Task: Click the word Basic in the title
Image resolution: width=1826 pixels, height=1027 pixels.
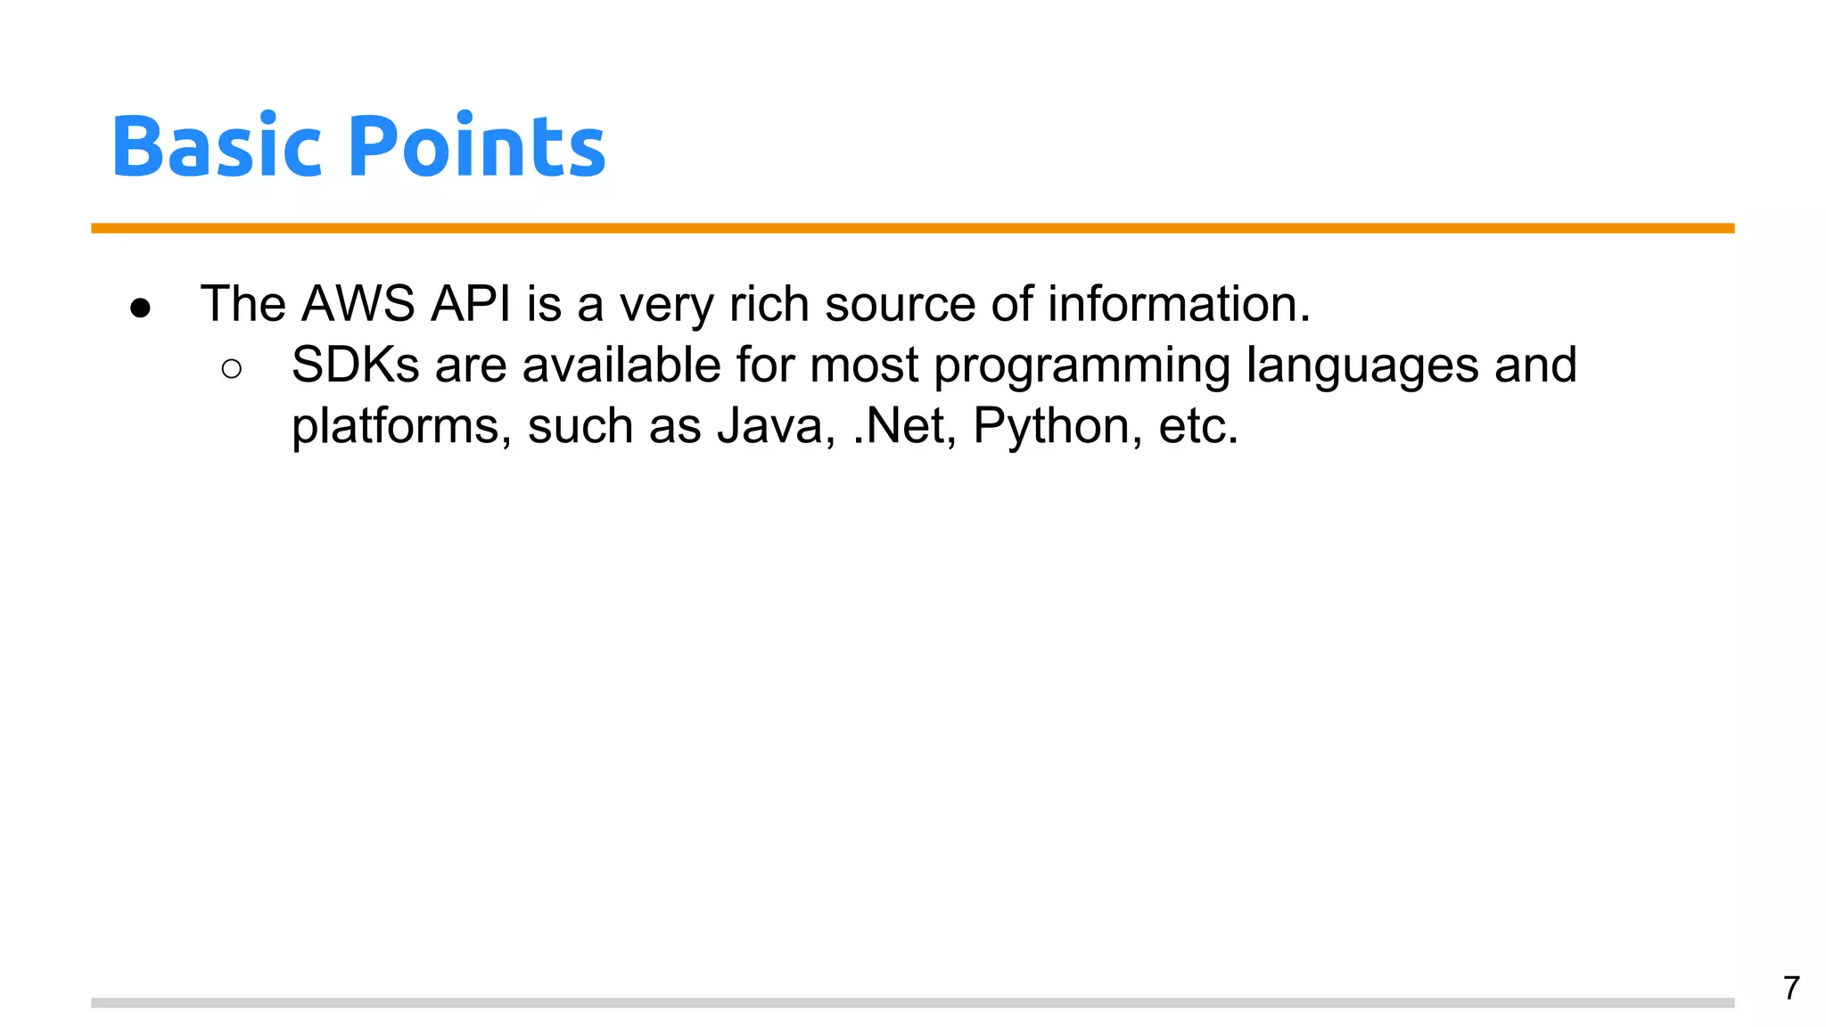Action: (215, 147)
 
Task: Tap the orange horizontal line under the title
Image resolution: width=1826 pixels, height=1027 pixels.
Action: (912, 228)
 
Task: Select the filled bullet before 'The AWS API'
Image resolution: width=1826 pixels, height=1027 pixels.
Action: (140, 308)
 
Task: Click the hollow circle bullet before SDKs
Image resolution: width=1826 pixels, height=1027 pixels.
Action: (231, 369)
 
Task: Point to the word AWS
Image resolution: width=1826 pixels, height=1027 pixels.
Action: (358, 305)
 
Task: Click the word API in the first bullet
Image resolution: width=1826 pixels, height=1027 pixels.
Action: (471, 305)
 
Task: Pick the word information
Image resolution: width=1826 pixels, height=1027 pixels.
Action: (1179, 305)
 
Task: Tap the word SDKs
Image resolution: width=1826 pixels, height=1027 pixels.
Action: (355, 366)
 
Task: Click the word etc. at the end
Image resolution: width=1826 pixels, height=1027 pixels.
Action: (1197, 426)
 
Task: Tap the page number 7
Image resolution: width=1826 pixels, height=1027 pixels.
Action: (1790, 988)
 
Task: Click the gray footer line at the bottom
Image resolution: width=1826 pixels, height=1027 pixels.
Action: (912, 1003)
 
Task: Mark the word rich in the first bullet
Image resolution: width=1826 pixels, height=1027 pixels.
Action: (769, 305)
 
